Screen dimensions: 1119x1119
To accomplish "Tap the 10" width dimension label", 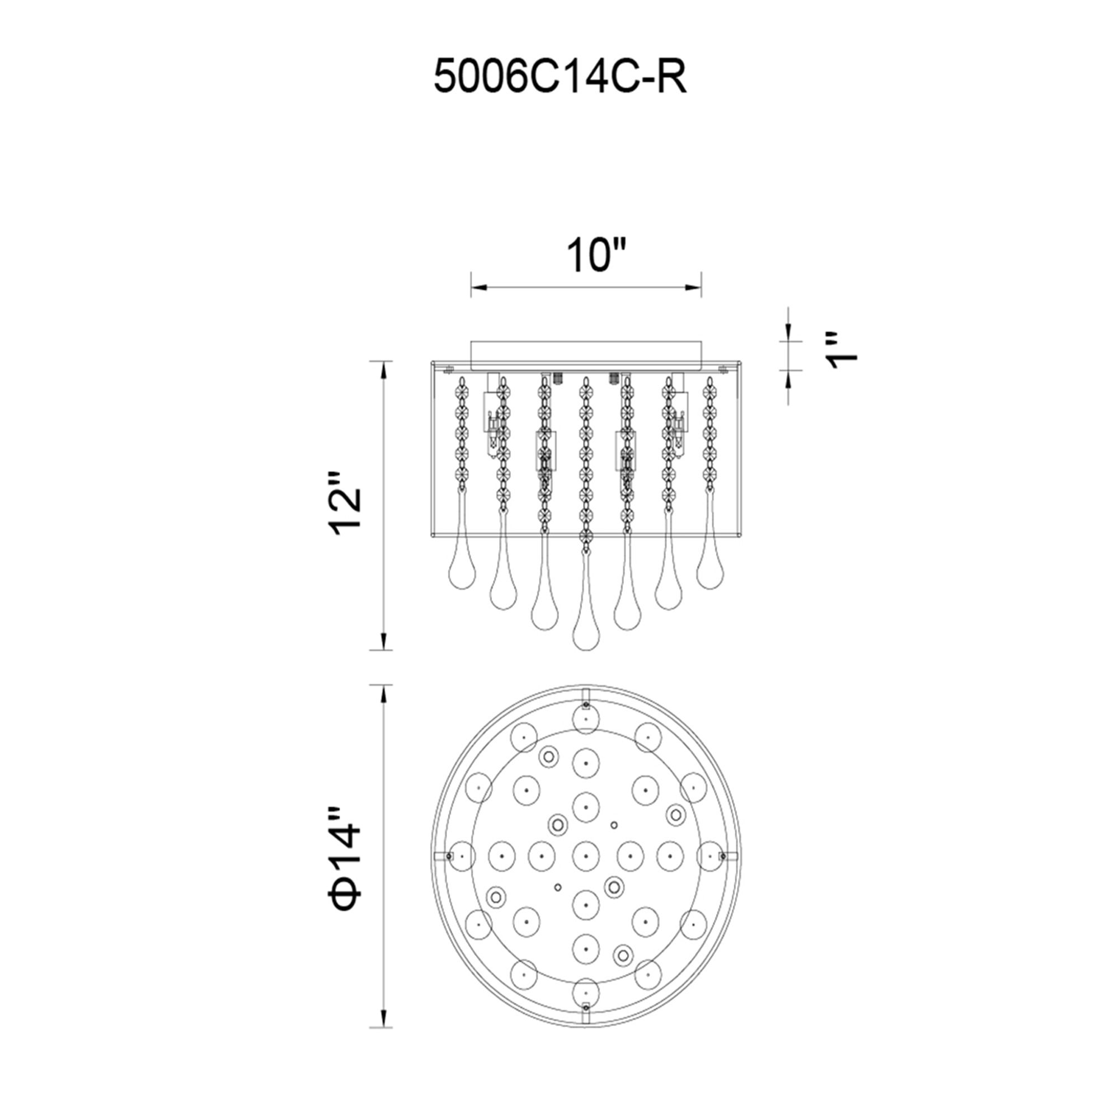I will coord(596,256).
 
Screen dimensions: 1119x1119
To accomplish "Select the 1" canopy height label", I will coord(841,351).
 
